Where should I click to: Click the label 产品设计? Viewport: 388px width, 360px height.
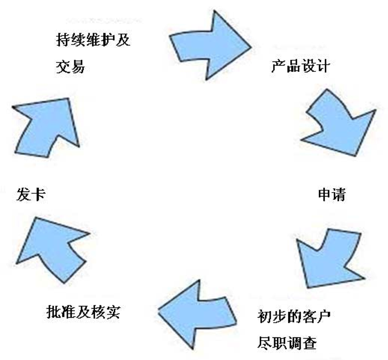point(300,66)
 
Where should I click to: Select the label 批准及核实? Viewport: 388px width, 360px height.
point(83,312)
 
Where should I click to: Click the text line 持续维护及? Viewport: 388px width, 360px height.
point(93,40)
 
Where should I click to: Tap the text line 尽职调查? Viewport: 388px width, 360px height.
point(287,343)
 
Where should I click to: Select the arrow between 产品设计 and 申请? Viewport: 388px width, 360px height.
point(338,124)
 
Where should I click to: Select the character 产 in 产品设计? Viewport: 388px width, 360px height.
point(278,66)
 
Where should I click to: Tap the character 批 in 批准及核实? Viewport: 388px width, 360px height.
point(54,312)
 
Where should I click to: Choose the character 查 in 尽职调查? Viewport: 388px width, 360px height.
point(309,343)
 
